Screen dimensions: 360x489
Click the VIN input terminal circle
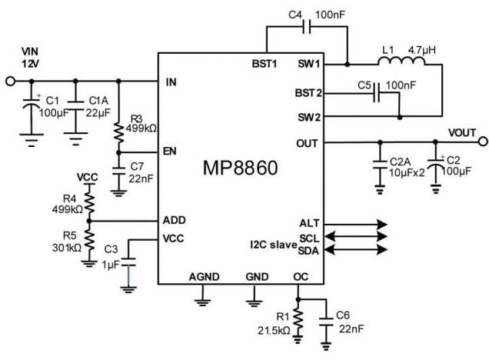(x=10, y=81)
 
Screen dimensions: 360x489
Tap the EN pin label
(x=171, y=152)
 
